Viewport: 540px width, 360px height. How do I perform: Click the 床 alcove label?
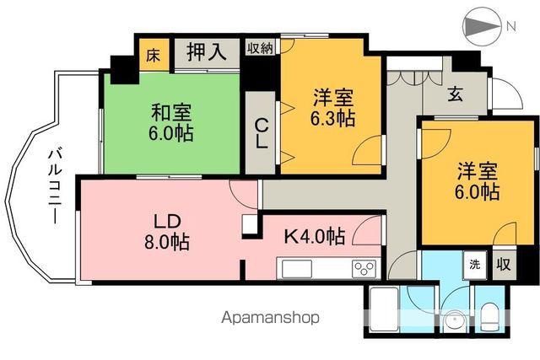[153, 55]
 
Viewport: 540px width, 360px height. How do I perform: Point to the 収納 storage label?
[260, 47]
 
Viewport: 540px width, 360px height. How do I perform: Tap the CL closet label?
[262, 133]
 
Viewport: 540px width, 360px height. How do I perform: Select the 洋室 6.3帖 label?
[329, 107]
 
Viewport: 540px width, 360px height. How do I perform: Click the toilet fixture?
[491, 316]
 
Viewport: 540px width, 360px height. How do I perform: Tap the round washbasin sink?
[453, 321]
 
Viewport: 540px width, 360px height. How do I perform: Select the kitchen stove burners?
[364, 269]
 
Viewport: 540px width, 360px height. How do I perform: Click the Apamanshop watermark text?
[270, 319]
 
